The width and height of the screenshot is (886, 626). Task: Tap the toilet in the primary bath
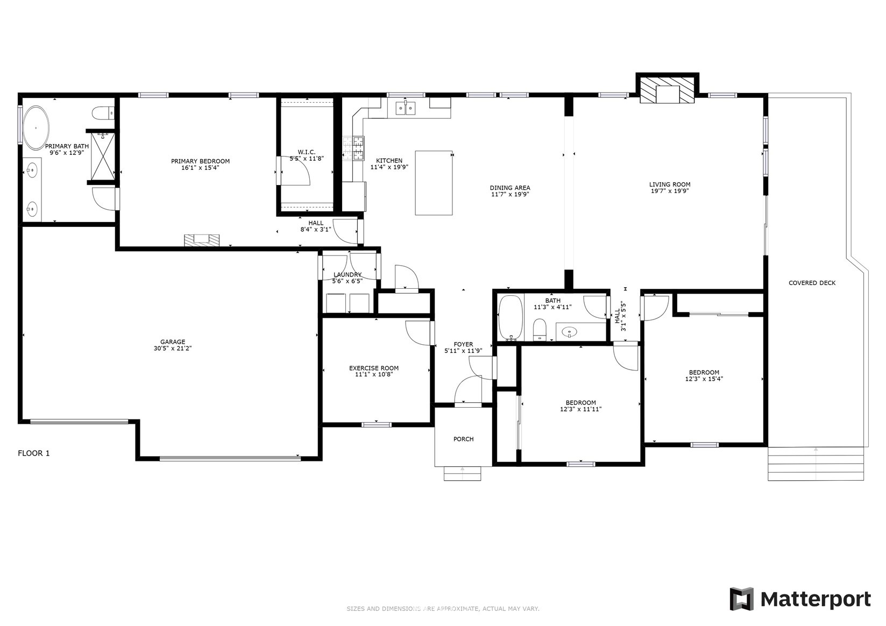[103, 113]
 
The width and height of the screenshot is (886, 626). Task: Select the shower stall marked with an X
[103, 156]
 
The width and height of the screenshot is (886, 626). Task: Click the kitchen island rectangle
[434, 183]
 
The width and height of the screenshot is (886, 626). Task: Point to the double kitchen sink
[406, 107]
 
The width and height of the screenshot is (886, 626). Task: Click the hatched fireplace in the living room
[667, 90]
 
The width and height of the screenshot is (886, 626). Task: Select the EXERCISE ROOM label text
[374, 368]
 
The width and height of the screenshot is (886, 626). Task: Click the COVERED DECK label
[812, 283]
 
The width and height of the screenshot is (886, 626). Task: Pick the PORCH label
[463, 439]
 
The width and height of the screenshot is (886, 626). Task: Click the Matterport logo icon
[742, 599]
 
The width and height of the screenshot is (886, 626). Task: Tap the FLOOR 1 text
[33, 453]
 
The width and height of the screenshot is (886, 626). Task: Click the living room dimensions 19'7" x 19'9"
[670, 191]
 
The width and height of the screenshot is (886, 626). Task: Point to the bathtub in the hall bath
[511, 317]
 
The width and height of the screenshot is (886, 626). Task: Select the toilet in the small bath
[540, 330]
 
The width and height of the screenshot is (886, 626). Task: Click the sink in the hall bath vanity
[569, 331]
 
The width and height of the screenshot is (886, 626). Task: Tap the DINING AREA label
[510, 188]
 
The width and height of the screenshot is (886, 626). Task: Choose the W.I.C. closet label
[307, 152]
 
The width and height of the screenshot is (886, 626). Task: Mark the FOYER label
[463, 344]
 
